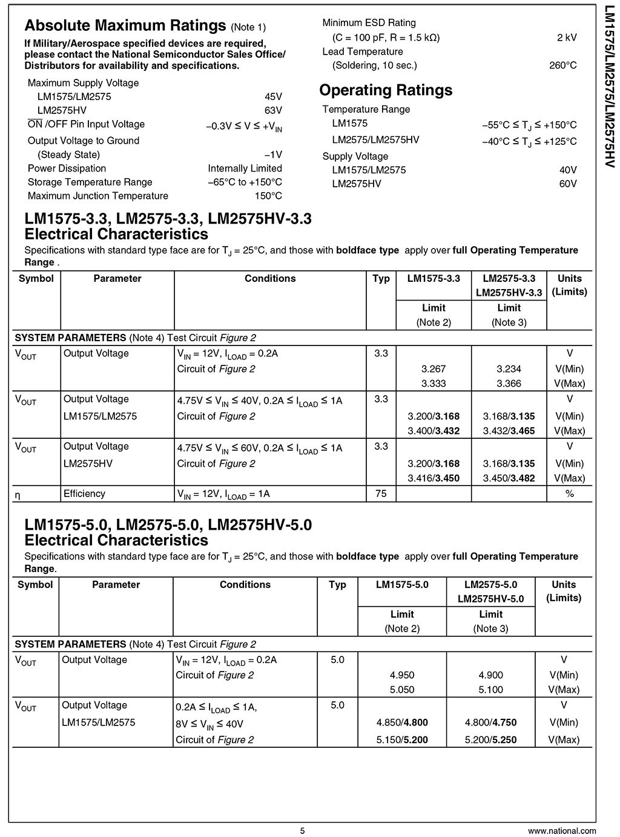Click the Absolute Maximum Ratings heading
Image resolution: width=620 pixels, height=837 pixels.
pos(125,26)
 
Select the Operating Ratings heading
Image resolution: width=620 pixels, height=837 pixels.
pos(386,90)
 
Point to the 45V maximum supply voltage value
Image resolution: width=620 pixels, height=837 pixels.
pos(273,96)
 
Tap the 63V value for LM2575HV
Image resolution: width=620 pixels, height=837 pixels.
pos(273,110)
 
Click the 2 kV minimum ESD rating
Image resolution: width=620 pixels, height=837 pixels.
pos(567,38)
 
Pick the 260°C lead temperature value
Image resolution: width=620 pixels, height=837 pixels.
pos(563,65)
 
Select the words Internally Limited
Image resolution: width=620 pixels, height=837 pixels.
pos(245,168)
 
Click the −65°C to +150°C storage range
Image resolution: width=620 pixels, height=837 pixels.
pos(245,182)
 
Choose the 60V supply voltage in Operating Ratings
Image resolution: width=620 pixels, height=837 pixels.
pos(568,184)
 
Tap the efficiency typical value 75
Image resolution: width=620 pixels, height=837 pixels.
pos(381,494)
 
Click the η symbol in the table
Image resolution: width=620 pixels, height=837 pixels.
pos(18,495)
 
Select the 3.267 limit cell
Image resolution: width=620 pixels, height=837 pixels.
pos(434,369)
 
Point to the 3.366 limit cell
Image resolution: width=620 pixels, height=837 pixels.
pos(509,384)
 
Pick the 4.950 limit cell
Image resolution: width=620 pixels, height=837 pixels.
pos(402,675)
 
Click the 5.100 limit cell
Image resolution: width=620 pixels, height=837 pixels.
pos(490,690)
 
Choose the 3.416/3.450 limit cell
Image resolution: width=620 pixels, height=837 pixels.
pos(434,478)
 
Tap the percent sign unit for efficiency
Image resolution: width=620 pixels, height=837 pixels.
pos(569,494)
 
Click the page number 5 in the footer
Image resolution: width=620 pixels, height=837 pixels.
pos(302,831)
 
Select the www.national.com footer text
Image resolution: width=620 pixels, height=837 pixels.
pos(562,831)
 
